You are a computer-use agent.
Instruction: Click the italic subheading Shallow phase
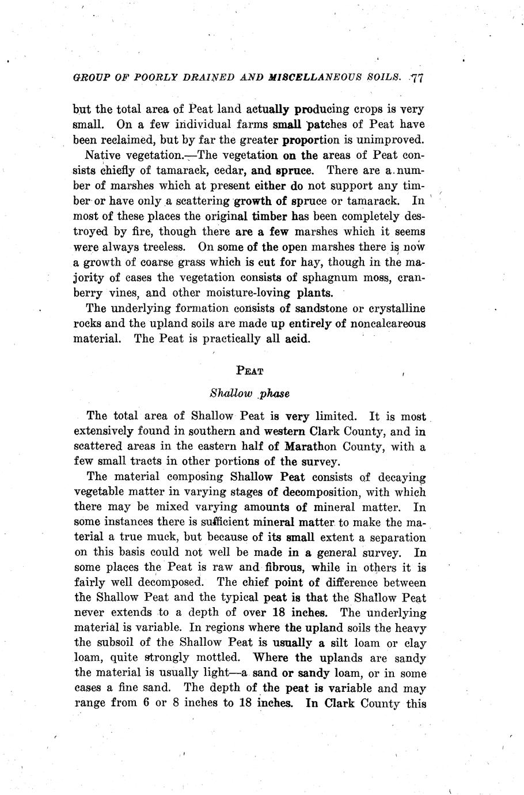249,394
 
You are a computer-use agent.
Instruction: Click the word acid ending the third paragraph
297,339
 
